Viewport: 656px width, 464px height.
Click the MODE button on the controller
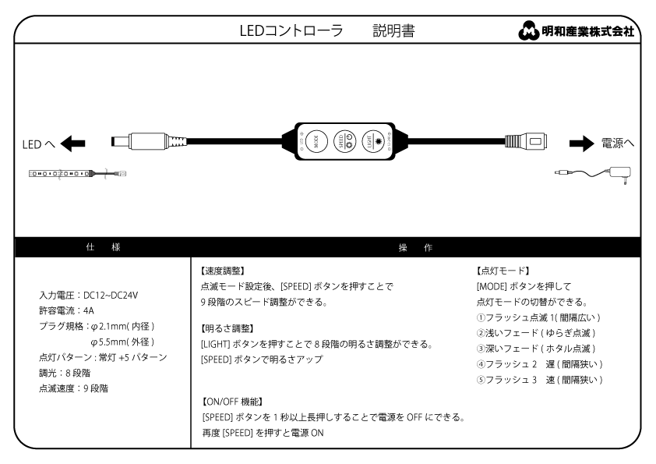pyautogui.click(x=316, y=141)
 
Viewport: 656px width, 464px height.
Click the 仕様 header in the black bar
pyautogui.click(x=102, y=246)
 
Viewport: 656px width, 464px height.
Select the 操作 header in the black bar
pyautogui.click(x=415, y=246)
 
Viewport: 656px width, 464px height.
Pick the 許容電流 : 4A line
pyautogui.click(x=66, y=311)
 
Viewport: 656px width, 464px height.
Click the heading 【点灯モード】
pyautogui.click(x=503, y=271)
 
